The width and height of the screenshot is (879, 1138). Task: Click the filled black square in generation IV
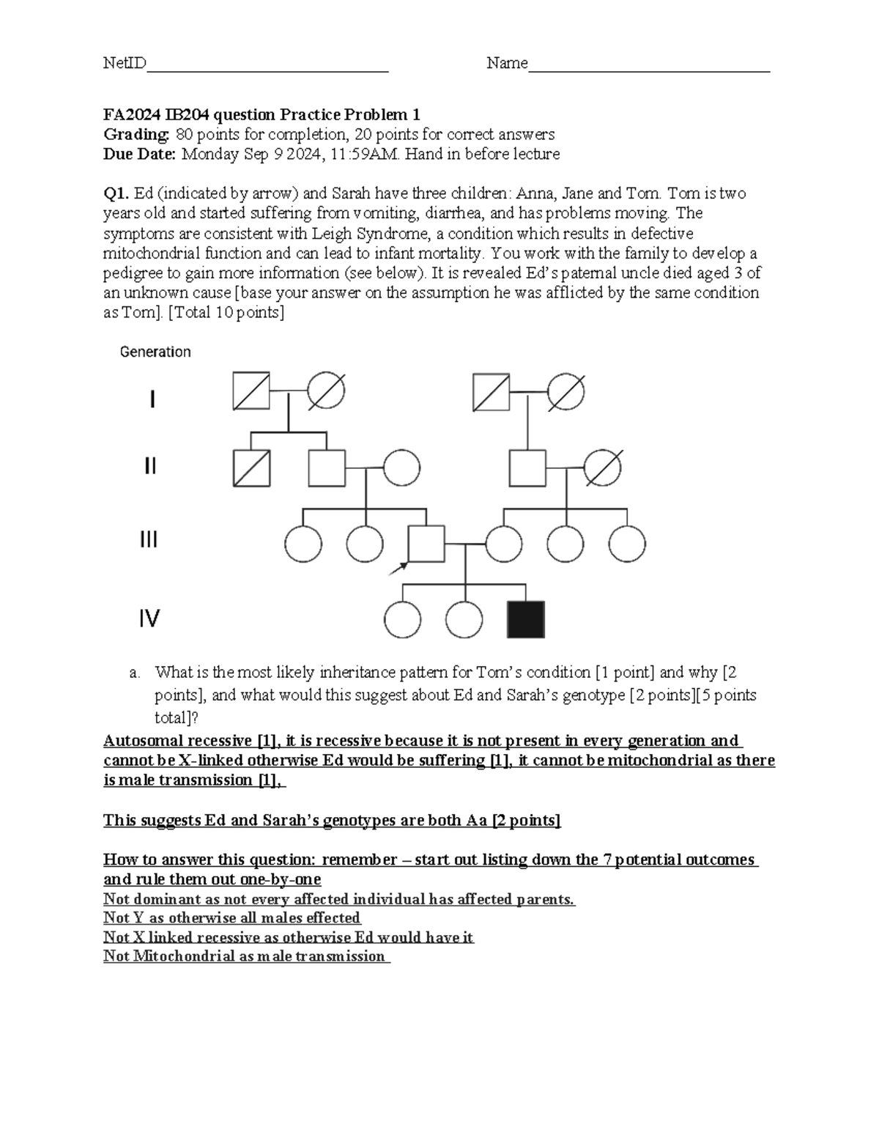tap(525, 620)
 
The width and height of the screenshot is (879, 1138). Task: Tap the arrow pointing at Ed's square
tap(399, 567)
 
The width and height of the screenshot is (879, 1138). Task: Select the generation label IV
tap(149, 619)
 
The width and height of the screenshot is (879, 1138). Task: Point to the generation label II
tap(149, 467)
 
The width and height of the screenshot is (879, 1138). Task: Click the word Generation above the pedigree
tap(155, 352)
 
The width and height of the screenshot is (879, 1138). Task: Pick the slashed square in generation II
tap(251, 468)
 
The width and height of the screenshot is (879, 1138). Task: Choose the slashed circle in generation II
tap(603, 468)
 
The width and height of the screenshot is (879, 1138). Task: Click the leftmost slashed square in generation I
tap(251, 391)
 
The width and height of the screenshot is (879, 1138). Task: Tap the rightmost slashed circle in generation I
tap(566, 391)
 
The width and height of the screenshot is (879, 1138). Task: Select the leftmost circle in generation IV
tap(402, 621)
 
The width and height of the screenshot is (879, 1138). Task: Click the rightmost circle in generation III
tap(627, 544)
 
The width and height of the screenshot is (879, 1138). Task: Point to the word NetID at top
tap(125, 64)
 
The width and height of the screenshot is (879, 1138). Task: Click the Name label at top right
tap(507, 64)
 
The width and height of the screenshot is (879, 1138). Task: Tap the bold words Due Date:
tap(140, 154)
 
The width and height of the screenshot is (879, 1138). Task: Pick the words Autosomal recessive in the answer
tap(177, 741)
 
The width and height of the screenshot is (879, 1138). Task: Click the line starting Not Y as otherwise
tap(231, 917)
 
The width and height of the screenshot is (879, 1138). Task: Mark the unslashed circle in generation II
tap(401, 468)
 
